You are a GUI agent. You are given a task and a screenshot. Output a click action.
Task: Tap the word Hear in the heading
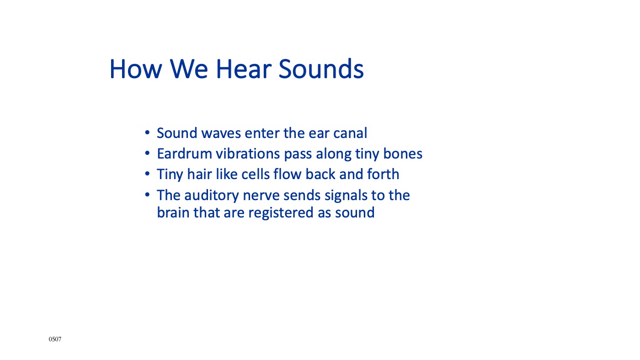244,69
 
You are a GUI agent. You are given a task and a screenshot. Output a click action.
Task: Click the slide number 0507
55,339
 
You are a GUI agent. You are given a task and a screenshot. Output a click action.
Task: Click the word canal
350,133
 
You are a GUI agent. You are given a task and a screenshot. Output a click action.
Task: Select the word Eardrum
184,154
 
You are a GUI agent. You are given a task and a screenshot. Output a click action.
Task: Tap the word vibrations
248,154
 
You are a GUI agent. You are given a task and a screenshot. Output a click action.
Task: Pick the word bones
403,154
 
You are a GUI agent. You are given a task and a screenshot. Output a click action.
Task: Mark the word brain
173,213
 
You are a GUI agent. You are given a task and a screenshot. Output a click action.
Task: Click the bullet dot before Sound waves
147,133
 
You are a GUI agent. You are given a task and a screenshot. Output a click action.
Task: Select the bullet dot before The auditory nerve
147,195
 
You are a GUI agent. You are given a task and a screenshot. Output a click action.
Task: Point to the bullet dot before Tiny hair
147,174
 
